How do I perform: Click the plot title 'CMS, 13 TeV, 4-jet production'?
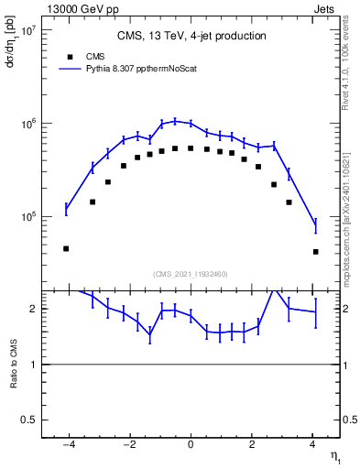(x=191, y=37)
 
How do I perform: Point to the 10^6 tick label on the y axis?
(x=27, y=124)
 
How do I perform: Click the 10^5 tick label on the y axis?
(x=27, y=217)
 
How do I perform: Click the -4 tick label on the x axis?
(x=68, y=445)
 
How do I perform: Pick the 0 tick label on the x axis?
(x=191, y=445)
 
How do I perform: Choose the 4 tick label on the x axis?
(x=312, y=445)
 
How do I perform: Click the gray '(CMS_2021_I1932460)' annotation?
(x=191, y=273)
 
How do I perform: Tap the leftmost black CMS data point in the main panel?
(x=66, y=248)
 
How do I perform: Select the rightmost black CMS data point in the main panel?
(x=315, y=251)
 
